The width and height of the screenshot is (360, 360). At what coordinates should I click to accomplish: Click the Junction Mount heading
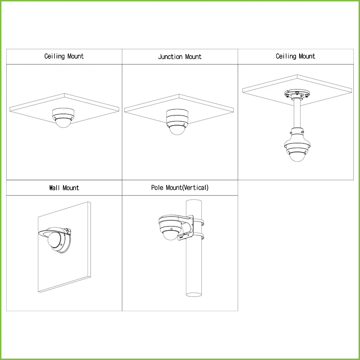(180, 57)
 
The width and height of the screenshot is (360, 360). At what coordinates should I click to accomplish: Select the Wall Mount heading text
(64, 188)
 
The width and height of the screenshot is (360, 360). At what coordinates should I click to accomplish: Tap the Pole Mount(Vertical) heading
(180, 187)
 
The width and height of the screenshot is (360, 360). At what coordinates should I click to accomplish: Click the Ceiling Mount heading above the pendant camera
(295, 56)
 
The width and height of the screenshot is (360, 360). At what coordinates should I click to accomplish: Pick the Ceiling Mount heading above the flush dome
(64, 56)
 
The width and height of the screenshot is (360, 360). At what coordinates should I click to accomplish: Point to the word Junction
(170, 57)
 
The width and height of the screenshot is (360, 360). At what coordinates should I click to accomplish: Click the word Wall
(55, 188)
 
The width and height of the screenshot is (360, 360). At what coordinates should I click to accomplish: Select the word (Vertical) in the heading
(195, 187)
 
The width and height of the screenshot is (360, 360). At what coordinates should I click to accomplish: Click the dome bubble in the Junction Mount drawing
(177, 129)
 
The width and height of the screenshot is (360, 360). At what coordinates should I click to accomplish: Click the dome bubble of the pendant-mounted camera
(297, 155)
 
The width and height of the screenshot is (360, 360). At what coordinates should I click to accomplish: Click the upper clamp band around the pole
(199, 222)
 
